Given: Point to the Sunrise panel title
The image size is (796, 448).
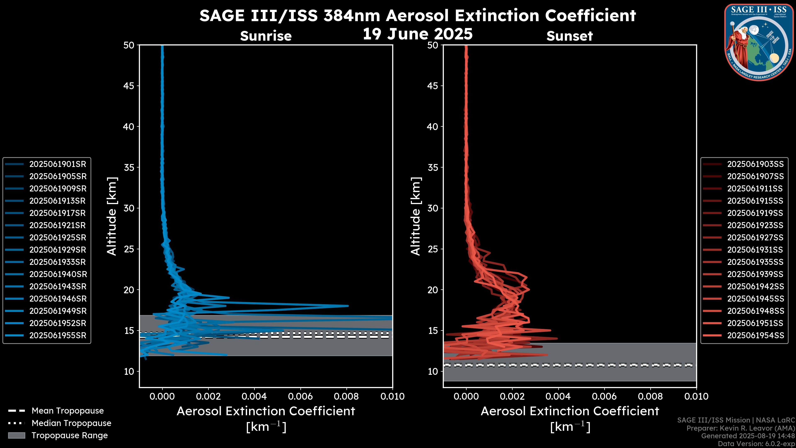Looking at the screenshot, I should pyautogui.click(x=266, y=36).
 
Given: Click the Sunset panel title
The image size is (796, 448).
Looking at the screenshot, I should pyautogui.click(x=569, y=36).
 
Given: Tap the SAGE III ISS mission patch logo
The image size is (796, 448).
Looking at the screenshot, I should pyautogui.click(x=759, y=42).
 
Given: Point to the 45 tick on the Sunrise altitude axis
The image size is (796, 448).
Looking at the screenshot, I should pyautogui.click(x=129, y=86).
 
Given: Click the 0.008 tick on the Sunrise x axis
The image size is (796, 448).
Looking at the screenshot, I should pyautogui.click(x=346, y=396).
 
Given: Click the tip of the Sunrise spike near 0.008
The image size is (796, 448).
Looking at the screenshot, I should pyautogui.click(x=348, y=306).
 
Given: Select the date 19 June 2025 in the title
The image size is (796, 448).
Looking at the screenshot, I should pyautogui.click(x=417, y=34).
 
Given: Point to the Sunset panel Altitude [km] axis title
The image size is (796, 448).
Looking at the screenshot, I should pyautogui.click(x=416, y=216).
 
